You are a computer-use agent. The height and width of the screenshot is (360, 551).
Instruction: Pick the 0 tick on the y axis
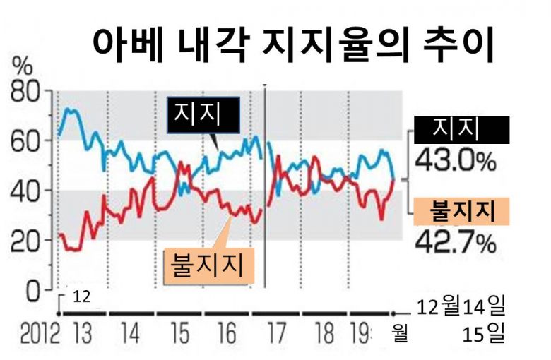(x=34, y=289)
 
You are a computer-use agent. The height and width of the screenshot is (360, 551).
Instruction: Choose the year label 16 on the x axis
(x=228, y=332)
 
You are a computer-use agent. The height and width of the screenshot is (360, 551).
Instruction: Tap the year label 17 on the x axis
(x=277, y=332)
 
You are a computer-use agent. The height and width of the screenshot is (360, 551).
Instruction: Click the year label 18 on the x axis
(x=324, y=332)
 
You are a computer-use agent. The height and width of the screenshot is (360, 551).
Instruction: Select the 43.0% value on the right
(x=455, y=160)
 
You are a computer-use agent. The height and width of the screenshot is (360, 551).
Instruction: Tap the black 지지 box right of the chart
(x=461, y=129)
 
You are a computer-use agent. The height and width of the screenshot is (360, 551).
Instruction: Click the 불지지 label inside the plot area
(x=207, y=265)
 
